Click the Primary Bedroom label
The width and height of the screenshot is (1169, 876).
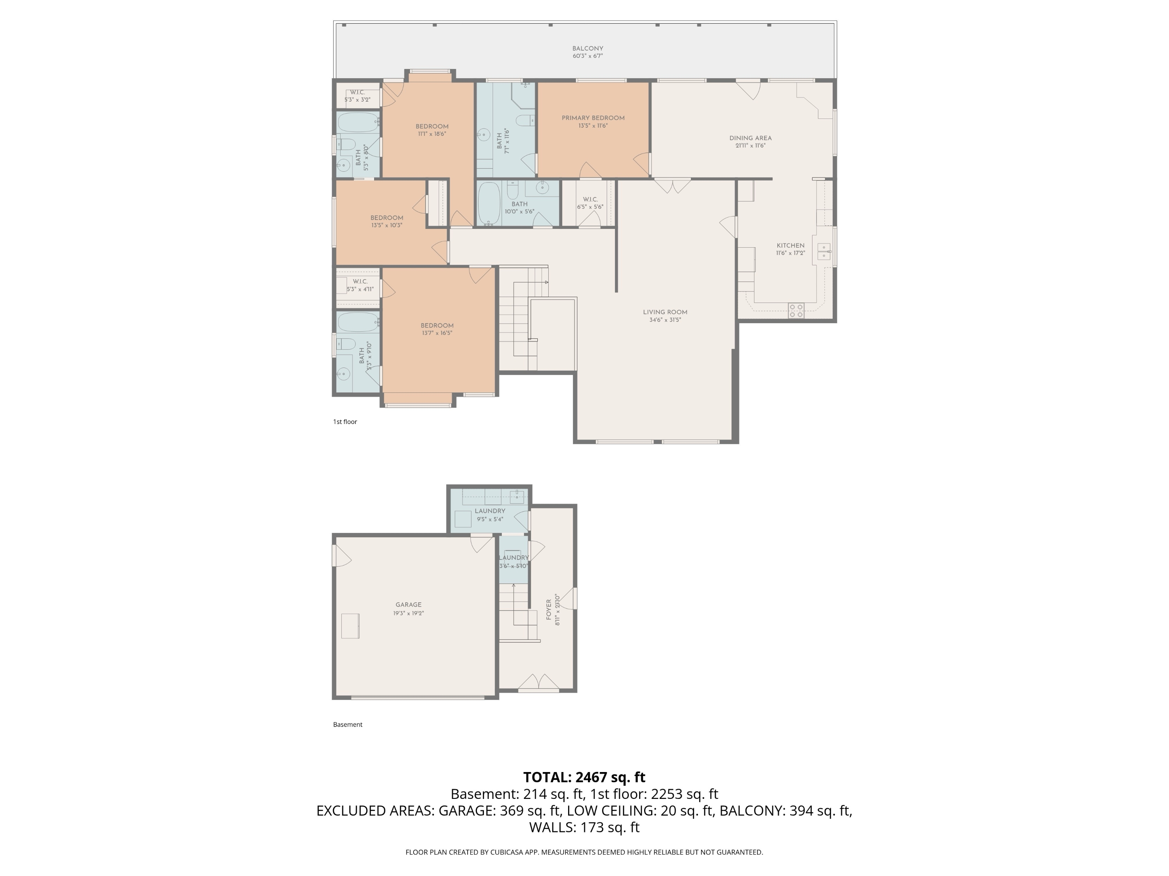click(x=593, y=118)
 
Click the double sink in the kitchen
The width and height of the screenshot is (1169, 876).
click(x=824, y=252)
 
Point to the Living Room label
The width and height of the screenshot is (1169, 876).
click(x=665, y=312)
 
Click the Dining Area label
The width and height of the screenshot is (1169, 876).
click(x=750, y=138)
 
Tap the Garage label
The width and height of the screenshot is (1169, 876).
click(x=408, y=605)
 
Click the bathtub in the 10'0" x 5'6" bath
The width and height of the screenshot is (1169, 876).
click(x=489, y=203)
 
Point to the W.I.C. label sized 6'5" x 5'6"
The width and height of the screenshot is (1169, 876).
click(x=590, y=200)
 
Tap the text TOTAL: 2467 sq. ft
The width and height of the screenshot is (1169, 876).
click(x=584, y=777)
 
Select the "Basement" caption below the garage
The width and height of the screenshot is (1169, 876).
click(x=348, y=725)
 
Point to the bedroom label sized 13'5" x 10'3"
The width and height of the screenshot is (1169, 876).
click(x=387, y=218)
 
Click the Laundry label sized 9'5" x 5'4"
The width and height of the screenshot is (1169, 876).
click(x=490, y=511)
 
